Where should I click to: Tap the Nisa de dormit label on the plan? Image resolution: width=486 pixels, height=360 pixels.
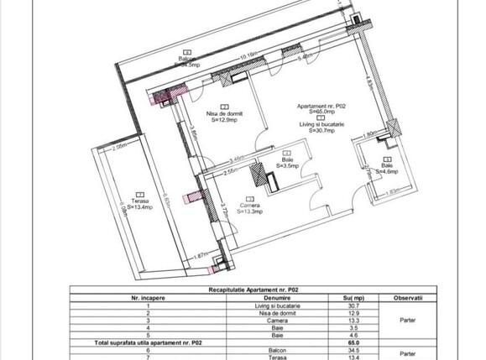[223, 112]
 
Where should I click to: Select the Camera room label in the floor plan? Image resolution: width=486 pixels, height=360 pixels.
[248, 206]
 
